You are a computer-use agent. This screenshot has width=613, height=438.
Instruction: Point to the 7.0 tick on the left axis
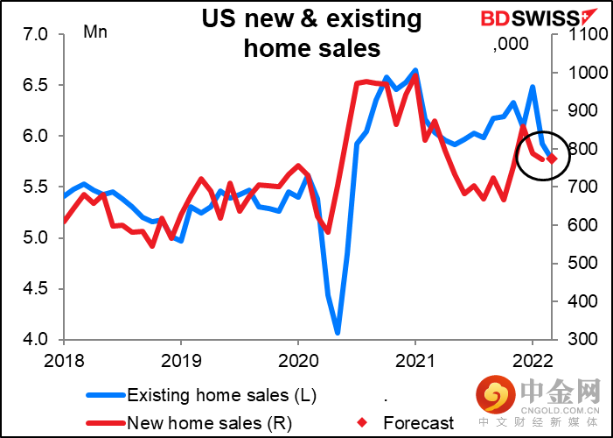[x=38, y=34]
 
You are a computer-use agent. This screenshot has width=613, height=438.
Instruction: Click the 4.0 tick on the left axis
[x=38, y=339]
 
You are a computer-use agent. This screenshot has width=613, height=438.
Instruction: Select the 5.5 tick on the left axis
[x=38, y=187]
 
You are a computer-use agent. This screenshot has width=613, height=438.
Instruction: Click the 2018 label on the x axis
[x=64, y=358]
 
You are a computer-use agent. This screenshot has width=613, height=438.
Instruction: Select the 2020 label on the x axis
[x=297, y=358]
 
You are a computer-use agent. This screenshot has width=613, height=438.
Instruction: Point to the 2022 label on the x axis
[x=531, y=358]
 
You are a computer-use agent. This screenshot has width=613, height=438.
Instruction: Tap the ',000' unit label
[x=508, y=46]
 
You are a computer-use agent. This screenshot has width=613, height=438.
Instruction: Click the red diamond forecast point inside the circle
[x=552, y=159]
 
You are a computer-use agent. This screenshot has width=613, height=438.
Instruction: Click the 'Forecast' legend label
[x=419, y=422]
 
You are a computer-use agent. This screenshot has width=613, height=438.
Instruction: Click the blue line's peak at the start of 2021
[x=414, y=69]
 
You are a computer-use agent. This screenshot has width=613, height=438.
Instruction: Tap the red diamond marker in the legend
[x=366, y=422]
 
